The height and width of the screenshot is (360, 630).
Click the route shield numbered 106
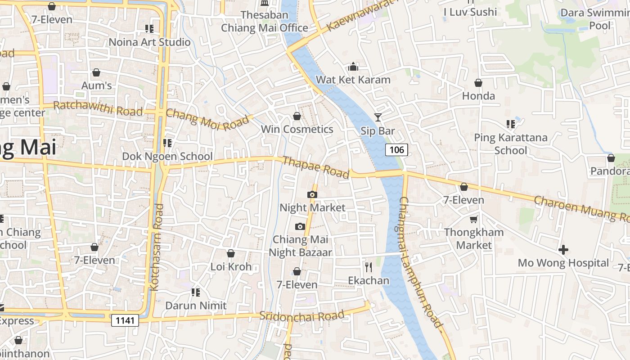pos(396,149)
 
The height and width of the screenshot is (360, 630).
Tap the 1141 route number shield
pos(125,320)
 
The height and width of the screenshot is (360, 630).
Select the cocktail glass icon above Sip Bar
pos(378,117)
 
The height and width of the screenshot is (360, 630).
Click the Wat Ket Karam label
pos(353,80)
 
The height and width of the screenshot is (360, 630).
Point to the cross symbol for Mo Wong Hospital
pos(563,249)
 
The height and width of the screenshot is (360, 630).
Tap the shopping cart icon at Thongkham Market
pos(473,219)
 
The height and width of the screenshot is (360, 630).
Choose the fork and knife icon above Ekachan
pos(369,267)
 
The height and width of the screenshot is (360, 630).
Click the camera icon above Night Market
pos(312,194)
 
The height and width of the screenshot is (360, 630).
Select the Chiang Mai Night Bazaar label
pos(300,246)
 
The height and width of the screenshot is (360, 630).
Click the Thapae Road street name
pos(316,167)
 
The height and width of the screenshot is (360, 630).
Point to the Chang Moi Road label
pos(207,119)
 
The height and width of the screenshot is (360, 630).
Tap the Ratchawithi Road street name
pos(98,108)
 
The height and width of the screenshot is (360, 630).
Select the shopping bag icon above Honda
pos(478,83)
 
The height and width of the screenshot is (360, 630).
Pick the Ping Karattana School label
pos(511,144)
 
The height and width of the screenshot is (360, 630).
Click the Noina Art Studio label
pos(150,42)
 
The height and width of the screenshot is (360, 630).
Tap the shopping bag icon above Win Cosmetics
pos(297,116)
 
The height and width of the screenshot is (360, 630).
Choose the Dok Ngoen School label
pos(167,156)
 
